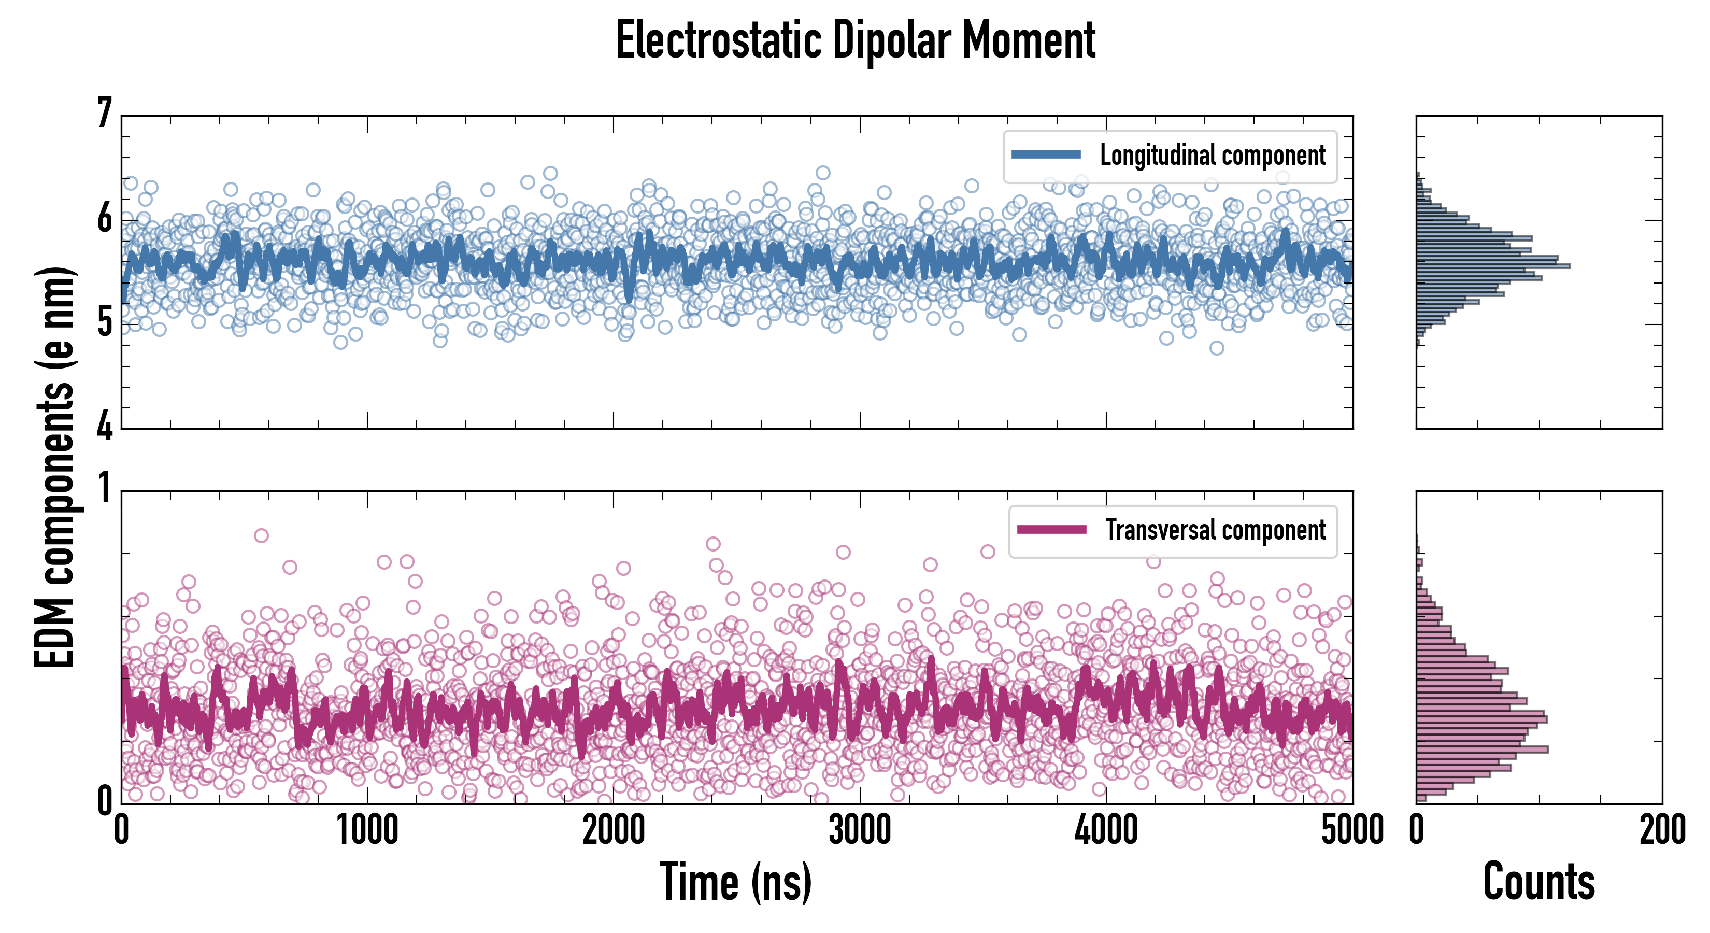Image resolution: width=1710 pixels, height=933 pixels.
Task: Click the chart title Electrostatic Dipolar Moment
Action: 855,41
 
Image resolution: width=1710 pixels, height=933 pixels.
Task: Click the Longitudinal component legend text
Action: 1212,155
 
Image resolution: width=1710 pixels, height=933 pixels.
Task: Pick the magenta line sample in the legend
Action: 1051,529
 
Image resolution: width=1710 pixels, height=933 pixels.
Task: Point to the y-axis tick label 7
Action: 104,113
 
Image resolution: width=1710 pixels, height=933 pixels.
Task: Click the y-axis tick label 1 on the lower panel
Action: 104,489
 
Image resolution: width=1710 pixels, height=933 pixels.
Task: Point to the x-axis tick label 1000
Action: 367,830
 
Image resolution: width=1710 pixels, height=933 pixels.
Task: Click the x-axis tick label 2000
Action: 614,830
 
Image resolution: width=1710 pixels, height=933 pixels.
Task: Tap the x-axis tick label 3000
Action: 860,830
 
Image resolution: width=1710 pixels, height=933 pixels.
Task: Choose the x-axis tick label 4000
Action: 1106,830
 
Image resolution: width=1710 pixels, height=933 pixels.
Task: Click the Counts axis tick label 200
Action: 1661,830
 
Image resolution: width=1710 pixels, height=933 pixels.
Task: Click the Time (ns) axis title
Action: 735,882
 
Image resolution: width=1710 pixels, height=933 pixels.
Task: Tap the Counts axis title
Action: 1538,882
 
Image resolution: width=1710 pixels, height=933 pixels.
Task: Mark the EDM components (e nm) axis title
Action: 54,468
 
